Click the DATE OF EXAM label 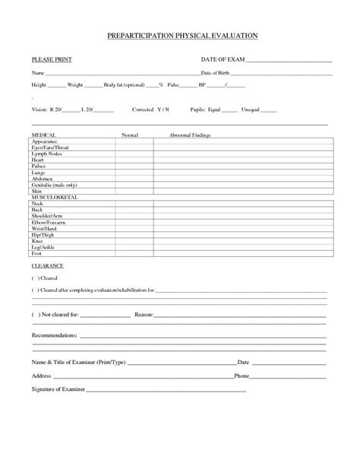[222, 59]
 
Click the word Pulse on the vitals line [175, 86]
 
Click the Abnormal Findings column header [192, 134]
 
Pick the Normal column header [129, 134]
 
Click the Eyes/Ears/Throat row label [50, 147]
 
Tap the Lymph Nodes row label [47, 154]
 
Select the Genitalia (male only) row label [54, 185]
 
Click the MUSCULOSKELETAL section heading [55, 197]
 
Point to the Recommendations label [55, 335]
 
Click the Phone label [242, 376]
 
